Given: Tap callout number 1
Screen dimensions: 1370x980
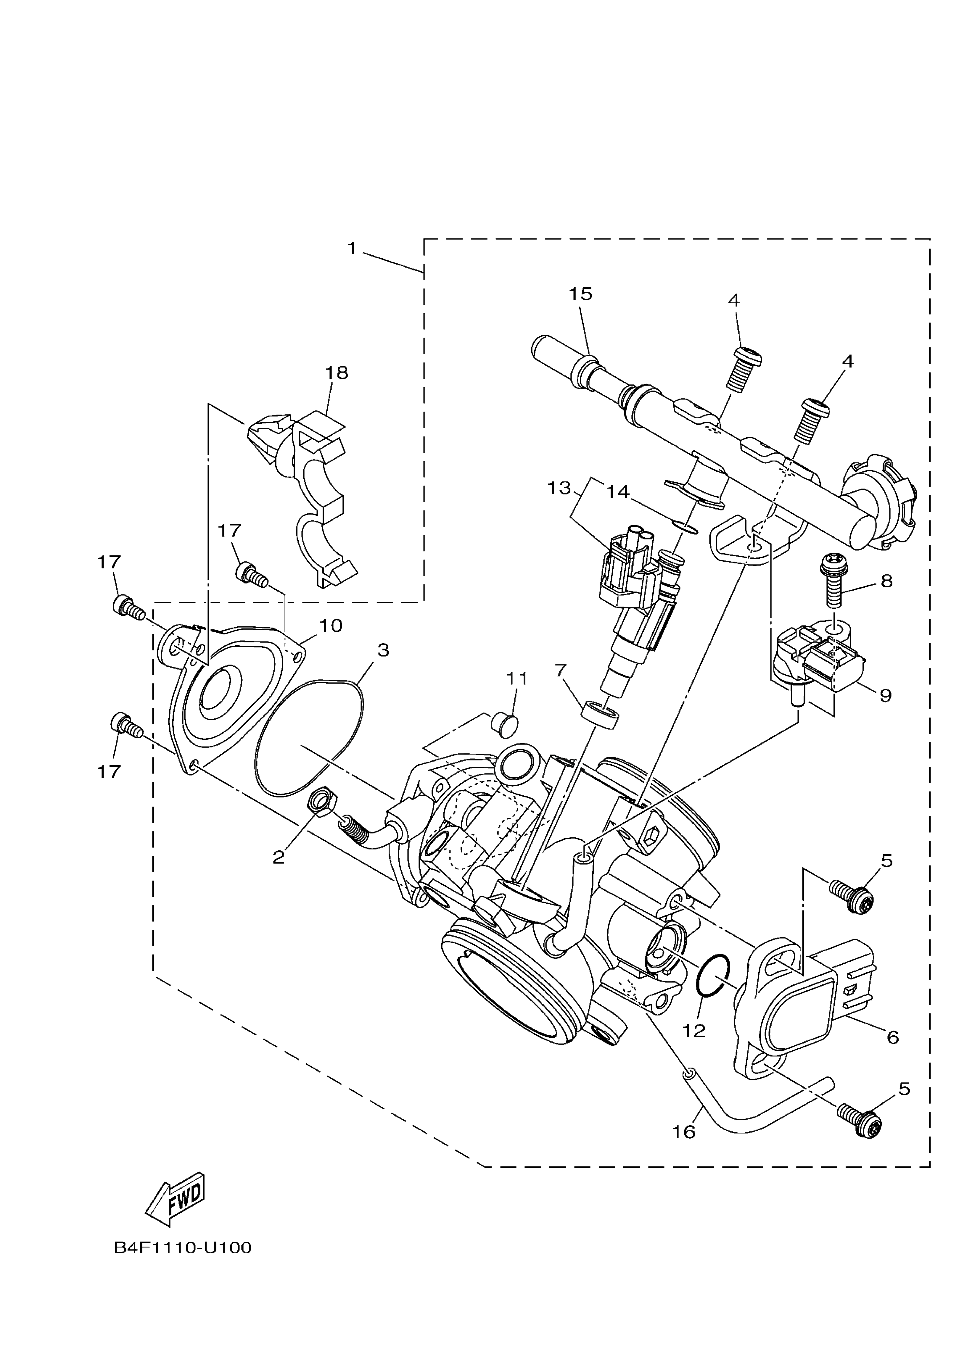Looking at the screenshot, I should (x=353, y=249).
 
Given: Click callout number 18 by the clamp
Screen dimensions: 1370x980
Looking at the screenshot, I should (x=337, y=373).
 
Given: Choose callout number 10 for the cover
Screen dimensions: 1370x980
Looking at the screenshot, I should (x=331, y=626).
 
